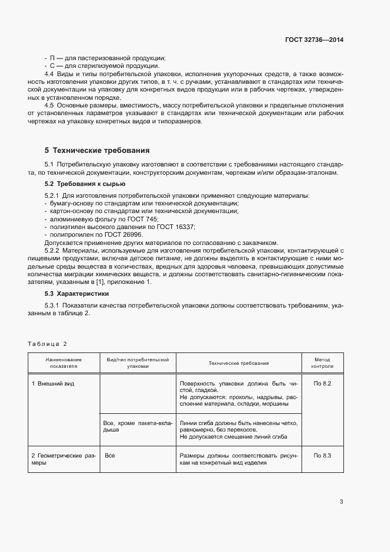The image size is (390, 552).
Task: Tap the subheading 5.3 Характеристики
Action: pos(77,293)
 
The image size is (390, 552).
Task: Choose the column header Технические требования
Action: pos(238,363)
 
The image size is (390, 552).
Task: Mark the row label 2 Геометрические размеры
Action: pos(63,459)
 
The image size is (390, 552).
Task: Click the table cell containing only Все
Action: pos(109,455)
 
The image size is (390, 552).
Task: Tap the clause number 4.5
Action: pos(50,104)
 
